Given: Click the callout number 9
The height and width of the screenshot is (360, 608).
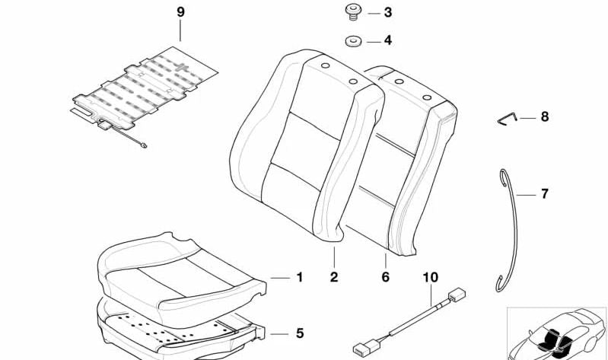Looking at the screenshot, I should (x=180, y=12).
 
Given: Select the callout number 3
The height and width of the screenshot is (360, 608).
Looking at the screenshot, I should (x=387, y=13).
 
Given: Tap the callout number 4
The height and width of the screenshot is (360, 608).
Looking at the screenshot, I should (x=387, y=40).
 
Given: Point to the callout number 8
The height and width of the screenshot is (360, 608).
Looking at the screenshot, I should (x=544, y=117).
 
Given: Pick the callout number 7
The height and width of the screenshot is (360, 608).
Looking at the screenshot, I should (x=544, y=194).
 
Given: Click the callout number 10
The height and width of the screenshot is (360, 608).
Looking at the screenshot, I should (x=431, y=277).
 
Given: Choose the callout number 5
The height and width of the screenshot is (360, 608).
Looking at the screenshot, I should (x=299, y=333).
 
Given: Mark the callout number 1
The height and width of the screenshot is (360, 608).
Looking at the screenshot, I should (x=299, y=278).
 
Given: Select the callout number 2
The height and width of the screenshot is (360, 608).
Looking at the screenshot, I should (x=334, y=277).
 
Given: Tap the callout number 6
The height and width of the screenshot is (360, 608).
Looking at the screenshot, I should (x=385, y=277).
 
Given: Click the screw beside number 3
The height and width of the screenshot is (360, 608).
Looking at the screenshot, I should (x=352, y=11).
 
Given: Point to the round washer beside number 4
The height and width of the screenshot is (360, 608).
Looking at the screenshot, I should (x=352, y=41).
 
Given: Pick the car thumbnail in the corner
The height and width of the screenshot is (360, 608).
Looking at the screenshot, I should (x=556, y=333).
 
